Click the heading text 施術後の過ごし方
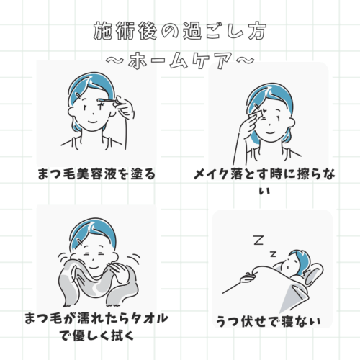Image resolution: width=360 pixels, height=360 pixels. tap(180, 31)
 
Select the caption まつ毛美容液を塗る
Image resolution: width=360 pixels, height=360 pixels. tap(96, 174)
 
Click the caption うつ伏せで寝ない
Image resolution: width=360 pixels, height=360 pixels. tap(269, 321)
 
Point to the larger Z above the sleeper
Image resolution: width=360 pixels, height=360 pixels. tap(258, 240)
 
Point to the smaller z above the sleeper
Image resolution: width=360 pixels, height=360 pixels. tap(273, 254)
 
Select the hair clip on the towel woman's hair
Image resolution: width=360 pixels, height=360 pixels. tap(80, 242)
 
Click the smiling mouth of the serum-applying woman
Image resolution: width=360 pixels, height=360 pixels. tap(92, 121)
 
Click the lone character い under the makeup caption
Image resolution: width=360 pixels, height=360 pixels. tap(265, 192)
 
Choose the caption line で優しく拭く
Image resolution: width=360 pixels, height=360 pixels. tap(96, 336)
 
